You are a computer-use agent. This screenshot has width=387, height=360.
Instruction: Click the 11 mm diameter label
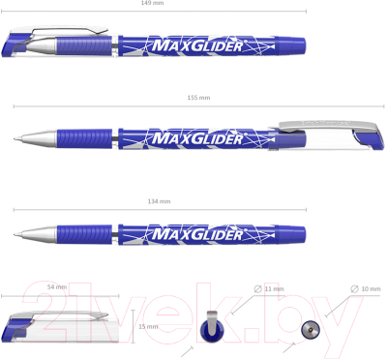[x=275, y=288]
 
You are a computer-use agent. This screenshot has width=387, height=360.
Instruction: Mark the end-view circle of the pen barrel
[x=311, y=329]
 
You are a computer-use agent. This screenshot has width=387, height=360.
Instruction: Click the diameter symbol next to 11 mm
[x=257, y=288]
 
